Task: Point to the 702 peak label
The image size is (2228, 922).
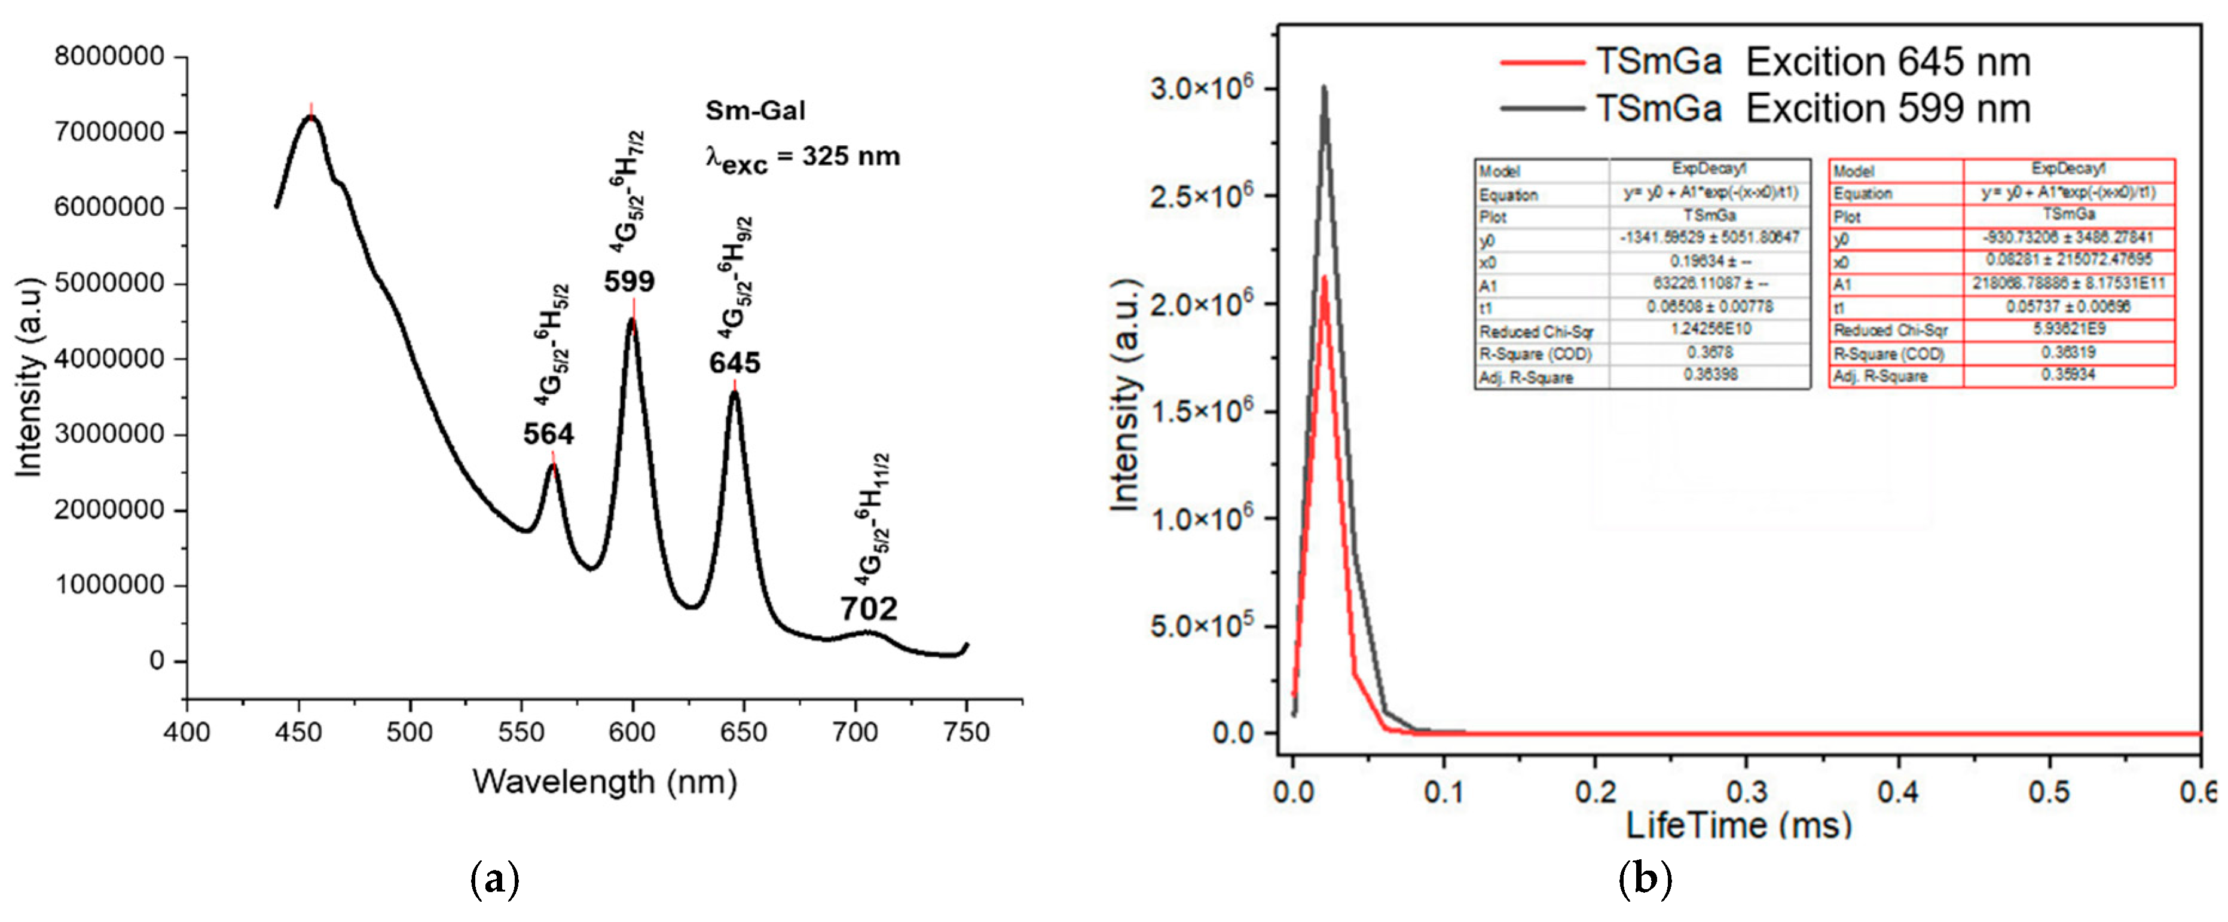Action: pyautogui.click(x=869, y=609)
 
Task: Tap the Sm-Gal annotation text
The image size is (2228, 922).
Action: pyautogui.click(x=755, y=111)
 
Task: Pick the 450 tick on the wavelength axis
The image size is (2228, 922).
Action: pyautogui.click(x=298, y=733)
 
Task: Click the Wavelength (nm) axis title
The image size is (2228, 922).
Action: pyautogui.click(x=604, y=782)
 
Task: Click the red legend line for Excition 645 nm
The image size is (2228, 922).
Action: pyautogui.click(x=1542, y=62)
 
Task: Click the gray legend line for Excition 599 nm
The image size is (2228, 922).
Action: pyautogui.click(x=1542, y=109)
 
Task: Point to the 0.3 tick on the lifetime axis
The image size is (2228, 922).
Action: pyautogui.click(x=1746, y=791)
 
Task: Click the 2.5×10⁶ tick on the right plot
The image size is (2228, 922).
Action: pyautogui.click(x=1200, y=197)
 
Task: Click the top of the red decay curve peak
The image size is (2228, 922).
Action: pyautogui.click(x=1324, y=278)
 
